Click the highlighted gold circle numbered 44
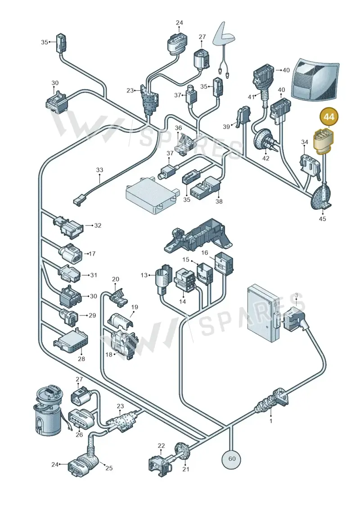329,117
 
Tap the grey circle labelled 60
232,459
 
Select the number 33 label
99,170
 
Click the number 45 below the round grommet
322,219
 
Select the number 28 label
81,359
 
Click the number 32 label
98,225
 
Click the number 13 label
144,275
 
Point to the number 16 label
204,253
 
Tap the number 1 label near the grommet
271,421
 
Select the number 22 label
162,446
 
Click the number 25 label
109,468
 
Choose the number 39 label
226,126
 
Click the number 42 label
265,158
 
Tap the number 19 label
135,307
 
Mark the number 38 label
219,201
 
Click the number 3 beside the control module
296,295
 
